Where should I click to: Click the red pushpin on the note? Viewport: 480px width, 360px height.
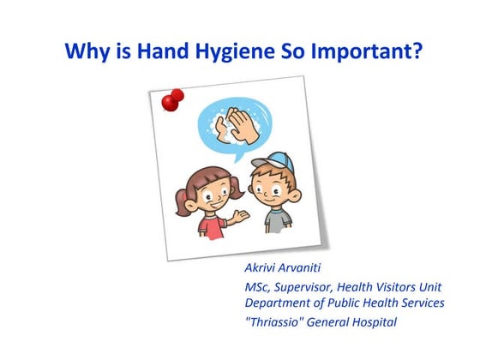coord(172,100)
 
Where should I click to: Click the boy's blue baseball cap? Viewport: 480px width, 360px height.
coord(271,164)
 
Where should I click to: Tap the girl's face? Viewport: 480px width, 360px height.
coord(205,189)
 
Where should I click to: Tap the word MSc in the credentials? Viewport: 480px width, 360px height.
coord(260,288)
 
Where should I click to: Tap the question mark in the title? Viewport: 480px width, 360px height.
coord(417,52)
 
